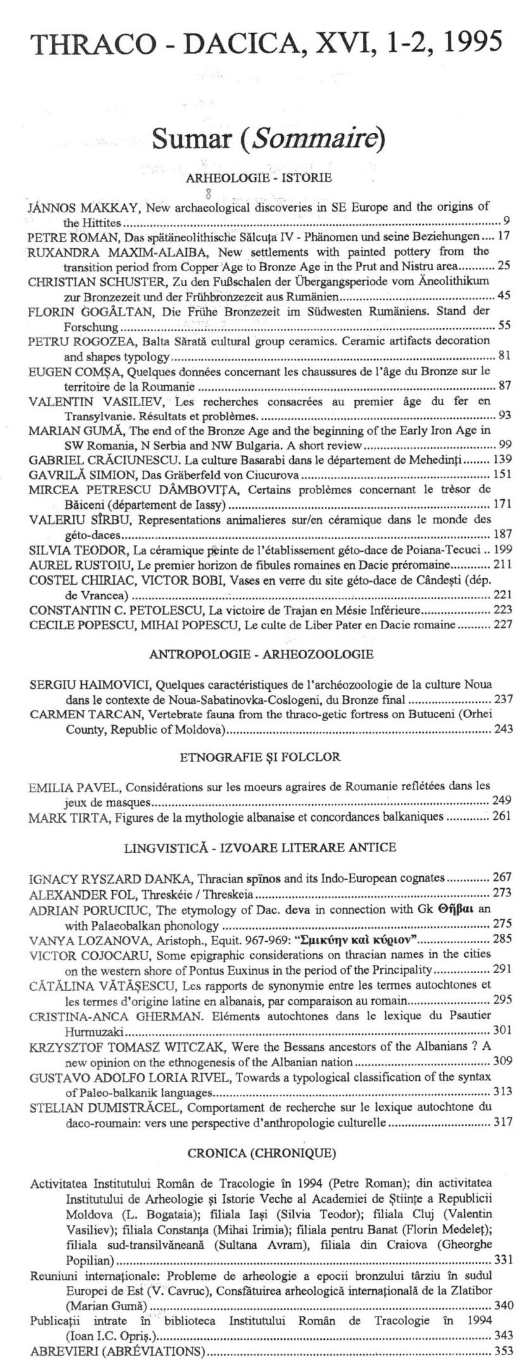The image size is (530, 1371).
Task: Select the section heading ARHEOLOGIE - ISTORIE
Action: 259,178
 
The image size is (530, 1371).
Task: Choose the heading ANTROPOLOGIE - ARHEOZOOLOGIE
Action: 261,654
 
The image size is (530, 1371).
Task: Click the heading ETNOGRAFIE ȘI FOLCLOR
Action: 260,757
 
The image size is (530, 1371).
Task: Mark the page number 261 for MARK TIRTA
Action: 500,816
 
